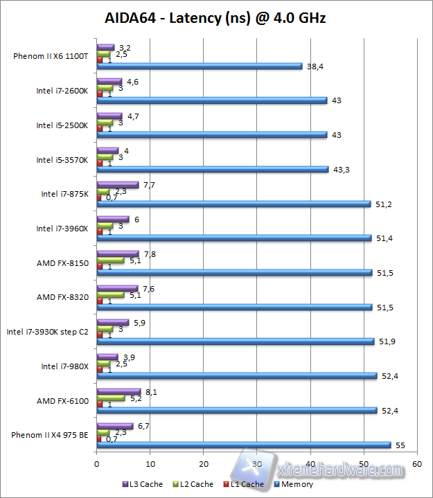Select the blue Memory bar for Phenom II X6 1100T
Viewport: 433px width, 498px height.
point(200,66)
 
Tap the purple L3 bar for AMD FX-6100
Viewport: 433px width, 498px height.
point(118,391)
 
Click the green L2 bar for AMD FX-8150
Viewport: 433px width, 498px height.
point(110,260)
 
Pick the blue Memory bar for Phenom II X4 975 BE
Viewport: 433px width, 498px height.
point(244,445)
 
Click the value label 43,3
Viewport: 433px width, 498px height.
point(341,170)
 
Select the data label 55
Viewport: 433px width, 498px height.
point(400,445)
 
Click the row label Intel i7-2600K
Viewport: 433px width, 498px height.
point(62,91)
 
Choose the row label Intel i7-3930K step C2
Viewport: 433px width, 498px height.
point(48,332)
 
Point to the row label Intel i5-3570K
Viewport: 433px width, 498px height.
point(62,160)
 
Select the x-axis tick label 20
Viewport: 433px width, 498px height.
point(203,463)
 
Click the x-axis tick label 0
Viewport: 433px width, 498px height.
point(96,463)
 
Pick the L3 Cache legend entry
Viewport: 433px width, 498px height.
point(143,484)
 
